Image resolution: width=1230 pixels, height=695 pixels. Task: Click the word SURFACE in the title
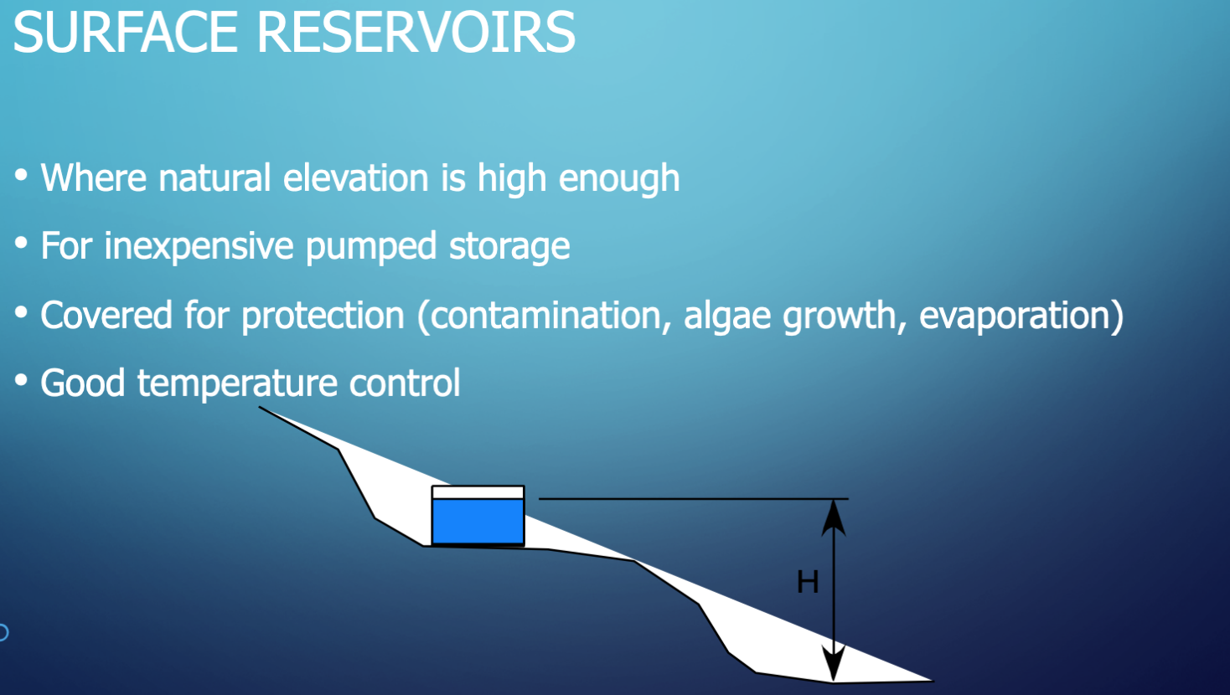[125, 32]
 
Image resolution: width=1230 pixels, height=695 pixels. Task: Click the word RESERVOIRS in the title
[416, 32]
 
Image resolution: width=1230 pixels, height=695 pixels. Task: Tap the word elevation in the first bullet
[356, 178]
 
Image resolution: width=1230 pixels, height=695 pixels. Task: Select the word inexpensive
[199, 246]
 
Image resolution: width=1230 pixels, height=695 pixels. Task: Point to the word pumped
[371, 246]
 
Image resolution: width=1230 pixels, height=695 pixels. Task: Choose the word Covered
[106, 315]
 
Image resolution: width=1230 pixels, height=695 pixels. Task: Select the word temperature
[236, 384]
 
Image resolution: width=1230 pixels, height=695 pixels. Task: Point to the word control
[405, 383]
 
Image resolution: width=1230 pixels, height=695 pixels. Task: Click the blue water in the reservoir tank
[478, 521]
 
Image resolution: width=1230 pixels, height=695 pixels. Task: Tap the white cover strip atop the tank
[478, 492]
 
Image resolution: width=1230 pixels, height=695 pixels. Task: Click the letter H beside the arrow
[808, 582]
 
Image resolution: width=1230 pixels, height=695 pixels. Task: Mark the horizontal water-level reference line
[694, 499]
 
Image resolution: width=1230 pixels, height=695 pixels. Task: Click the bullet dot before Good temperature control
[21, 380]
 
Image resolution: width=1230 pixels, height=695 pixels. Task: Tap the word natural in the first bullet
[214, 178]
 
